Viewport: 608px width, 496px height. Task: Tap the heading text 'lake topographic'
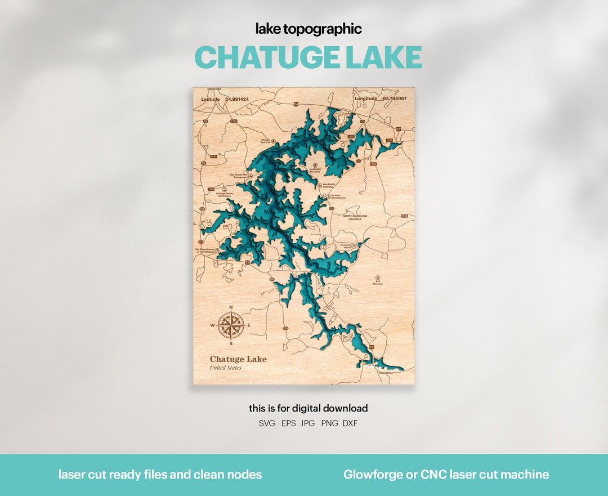(x=309, y=29)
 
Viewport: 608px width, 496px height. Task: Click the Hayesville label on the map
(x=214, y=90)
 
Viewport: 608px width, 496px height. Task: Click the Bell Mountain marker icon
(x=377, y=277)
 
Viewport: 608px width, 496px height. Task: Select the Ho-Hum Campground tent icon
(x=329, y=196)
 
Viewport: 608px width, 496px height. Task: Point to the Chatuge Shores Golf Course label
(x=224, y=195)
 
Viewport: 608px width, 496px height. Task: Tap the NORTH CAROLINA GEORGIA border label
(x=355, y=217)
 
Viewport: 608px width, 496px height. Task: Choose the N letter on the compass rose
(x=231, y=307)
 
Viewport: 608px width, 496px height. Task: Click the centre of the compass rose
(x=231, y=325)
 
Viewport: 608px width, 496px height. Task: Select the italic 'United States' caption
(x=225, y=368)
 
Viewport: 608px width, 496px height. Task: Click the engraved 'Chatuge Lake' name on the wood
(x=238, y=359)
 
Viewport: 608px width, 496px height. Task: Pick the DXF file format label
(x=350, y=423)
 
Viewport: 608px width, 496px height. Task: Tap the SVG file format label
(x=267, y=423)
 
